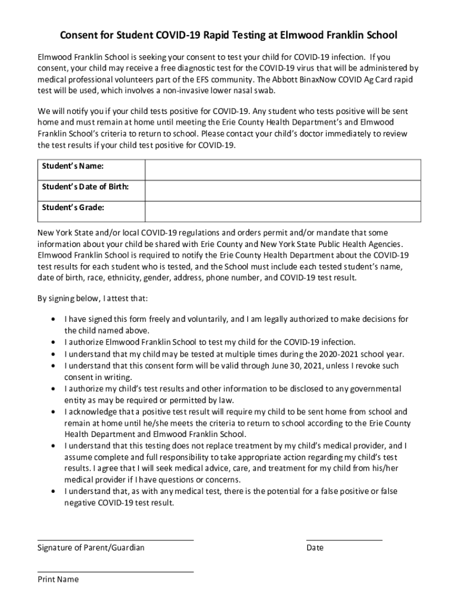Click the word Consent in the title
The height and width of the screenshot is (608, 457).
78,36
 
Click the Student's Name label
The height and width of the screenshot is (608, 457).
69,166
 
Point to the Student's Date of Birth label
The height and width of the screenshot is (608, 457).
85,187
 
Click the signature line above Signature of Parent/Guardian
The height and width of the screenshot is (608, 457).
116,540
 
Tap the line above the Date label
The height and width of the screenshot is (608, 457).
344,540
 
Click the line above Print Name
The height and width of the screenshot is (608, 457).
116,572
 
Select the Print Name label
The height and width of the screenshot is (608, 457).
58,579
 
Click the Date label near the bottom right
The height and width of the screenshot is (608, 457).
315,547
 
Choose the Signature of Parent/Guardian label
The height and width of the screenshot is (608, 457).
91,547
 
